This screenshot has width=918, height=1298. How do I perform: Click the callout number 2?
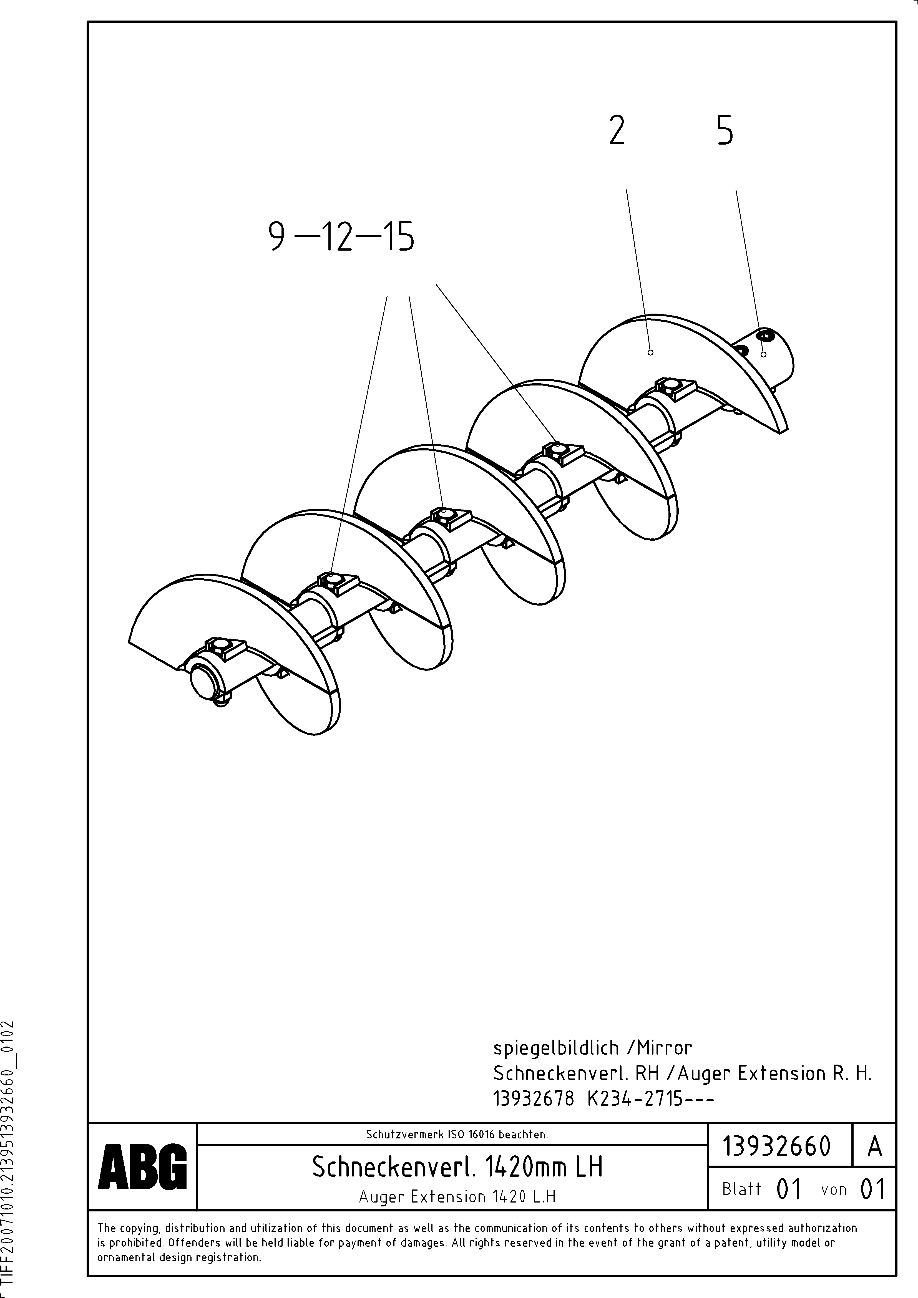(x=617, y=131)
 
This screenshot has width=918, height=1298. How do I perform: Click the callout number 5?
(x=725, y=131)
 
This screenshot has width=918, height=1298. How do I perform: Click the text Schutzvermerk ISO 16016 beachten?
(x=457, y=1134)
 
